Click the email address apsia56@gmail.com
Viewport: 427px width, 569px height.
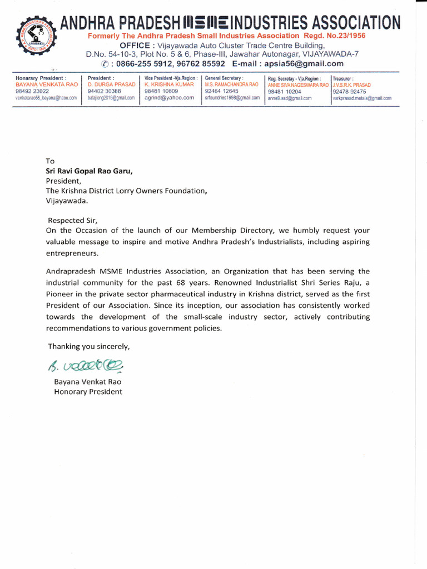(304, 63)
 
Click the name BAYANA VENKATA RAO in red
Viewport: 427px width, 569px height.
(47, 84)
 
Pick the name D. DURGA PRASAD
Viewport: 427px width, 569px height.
(111, 84)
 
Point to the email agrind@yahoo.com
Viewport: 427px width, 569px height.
(169, 97)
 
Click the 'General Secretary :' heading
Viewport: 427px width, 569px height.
(224, 78)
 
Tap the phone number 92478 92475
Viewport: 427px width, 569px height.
(349, 92)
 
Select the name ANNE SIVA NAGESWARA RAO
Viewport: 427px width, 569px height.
(298, 85)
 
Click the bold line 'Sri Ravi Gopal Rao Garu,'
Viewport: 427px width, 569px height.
(90, 171)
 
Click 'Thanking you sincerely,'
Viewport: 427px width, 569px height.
(88, 346)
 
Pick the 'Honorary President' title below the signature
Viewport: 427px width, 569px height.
(88, 392)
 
